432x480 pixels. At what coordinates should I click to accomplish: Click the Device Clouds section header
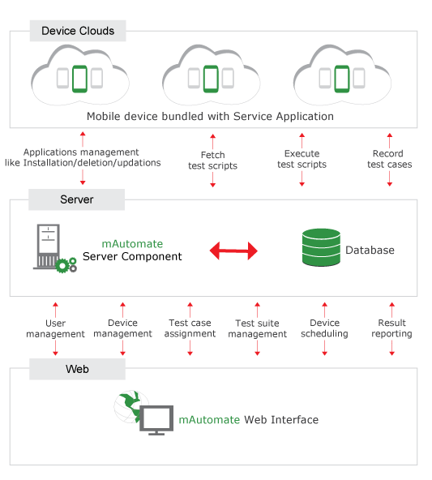(78, 31)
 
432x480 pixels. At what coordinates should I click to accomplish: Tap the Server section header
(76, 199)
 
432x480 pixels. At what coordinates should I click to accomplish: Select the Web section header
(77, 369)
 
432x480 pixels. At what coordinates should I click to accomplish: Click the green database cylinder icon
(321, 247)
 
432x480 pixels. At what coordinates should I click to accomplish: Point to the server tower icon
(49, 247)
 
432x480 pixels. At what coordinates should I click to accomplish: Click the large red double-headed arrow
(233, 251)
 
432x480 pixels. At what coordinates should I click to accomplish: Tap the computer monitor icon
(156, 420)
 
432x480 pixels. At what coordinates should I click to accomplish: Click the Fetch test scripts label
(212, 161)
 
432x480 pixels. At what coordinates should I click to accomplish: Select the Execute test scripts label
(302, 159)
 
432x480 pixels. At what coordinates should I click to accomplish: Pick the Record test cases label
(390, 159)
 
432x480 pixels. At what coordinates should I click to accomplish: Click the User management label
(55, 328)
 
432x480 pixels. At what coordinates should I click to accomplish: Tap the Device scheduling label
(325, 328)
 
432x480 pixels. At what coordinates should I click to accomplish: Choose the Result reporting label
(392, 328)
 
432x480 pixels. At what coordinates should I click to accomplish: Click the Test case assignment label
(190, 328)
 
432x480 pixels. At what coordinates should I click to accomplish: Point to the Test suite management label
(257, 328)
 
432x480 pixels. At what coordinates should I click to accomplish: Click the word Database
(370, 251)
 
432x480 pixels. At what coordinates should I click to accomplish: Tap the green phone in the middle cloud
(211, 79)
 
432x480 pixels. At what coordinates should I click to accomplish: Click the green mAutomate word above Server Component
(132, 244)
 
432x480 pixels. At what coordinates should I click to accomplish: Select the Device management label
(122, 328)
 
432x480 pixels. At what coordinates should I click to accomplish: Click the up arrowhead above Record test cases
(390, 135)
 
